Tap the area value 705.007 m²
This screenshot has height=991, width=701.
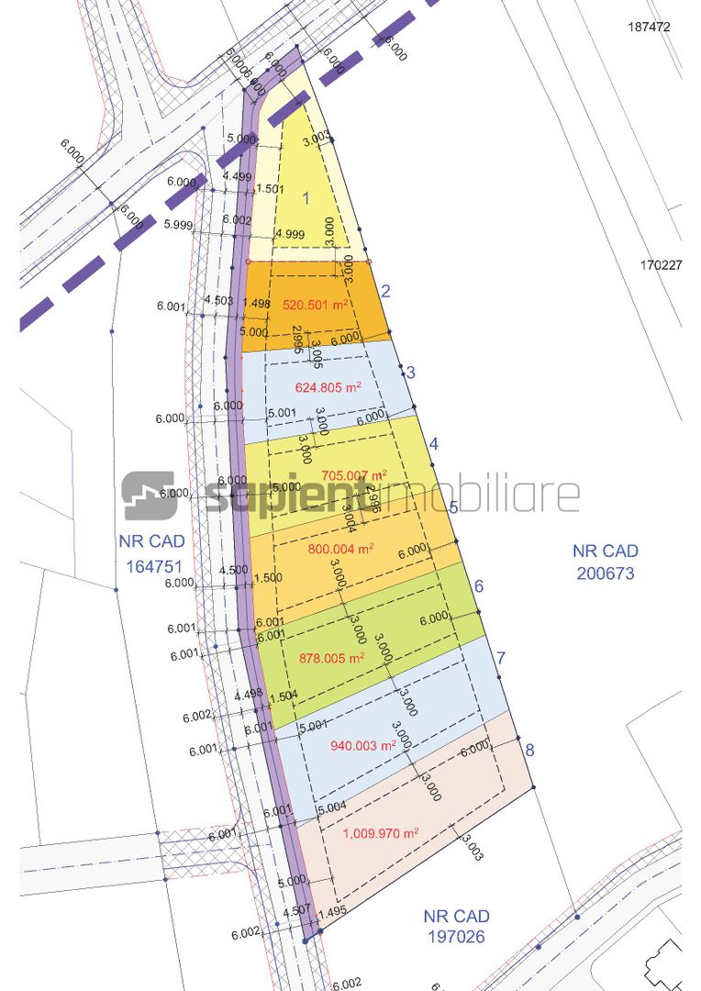(x=354, y=474)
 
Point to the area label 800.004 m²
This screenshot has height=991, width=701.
(x=339, y=549)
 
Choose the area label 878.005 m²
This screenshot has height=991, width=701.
(x=332, y=657)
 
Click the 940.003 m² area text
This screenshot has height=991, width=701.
(x=362, y=746)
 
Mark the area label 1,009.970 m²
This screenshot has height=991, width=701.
(x=381, y=833)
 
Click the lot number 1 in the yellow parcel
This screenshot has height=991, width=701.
(x=306, y=196)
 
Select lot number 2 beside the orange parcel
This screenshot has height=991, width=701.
(x=385, y=292)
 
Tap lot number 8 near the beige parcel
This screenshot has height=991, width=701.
(x=529, y=750)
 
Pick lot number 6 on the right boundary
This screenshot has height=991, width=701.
(x=478, y=586)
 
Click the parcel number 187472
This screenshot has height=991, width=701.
(x=650, y=28)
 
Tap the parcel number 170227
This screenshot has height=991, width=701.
(x=661, y=265)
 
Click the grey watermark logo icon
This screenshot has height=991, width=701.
(x=149, y=495)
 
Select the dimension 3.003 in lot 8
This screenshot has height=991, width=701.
(x=472, y=846)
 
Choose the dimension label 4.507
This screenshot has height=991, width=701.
(x=295, y=912)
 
